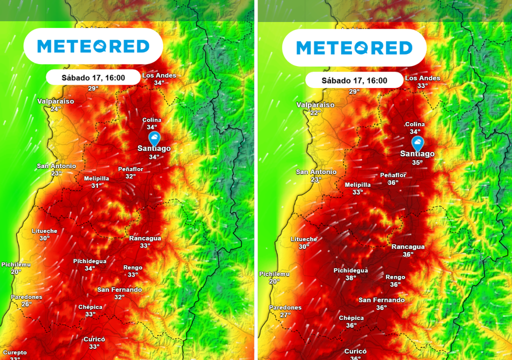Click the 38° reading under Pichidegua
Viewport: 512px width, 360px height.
tap(350, 278)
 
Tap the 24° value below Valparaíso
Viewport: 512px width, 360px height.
tap(55, 109)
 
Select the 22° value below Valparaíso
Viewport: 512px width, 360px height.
tap(315, 113)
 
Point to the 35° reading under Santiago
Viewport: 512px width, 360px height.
tap(417, 162)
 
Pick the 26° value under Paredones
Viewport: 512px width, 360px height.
tap(26, 304)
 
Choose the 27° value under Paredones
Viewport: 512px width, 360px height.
tap(285, 315)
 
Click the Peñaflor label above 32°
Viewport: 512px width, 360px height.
tap(130, 169)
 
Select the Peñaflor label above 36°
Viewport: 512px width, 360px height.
tap(393, 175)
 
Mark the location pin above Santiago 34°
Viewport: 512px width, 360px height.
tap(154, 138)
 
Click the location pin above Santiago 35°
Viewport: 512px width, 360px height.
tap(417, 143)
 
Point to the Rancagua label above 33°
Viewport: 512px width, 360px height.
tap(145, 238)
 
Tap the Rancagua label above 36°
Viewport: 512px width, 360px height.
tap(408, 246)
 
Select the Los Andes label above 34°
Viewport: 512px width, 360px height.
tap(159, 75)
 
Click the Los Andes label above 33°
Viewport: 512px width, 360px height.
tap(422, 78)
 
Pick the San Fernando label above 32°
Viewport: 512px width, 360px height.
tap(119, 289)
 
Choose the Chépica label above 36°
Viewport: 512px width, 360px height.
tap(351, 317)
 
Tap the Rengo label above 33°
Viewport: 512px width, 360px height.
tap(133, 267)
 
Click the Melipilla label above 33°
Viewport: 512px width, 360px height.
tap(357, 184)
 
